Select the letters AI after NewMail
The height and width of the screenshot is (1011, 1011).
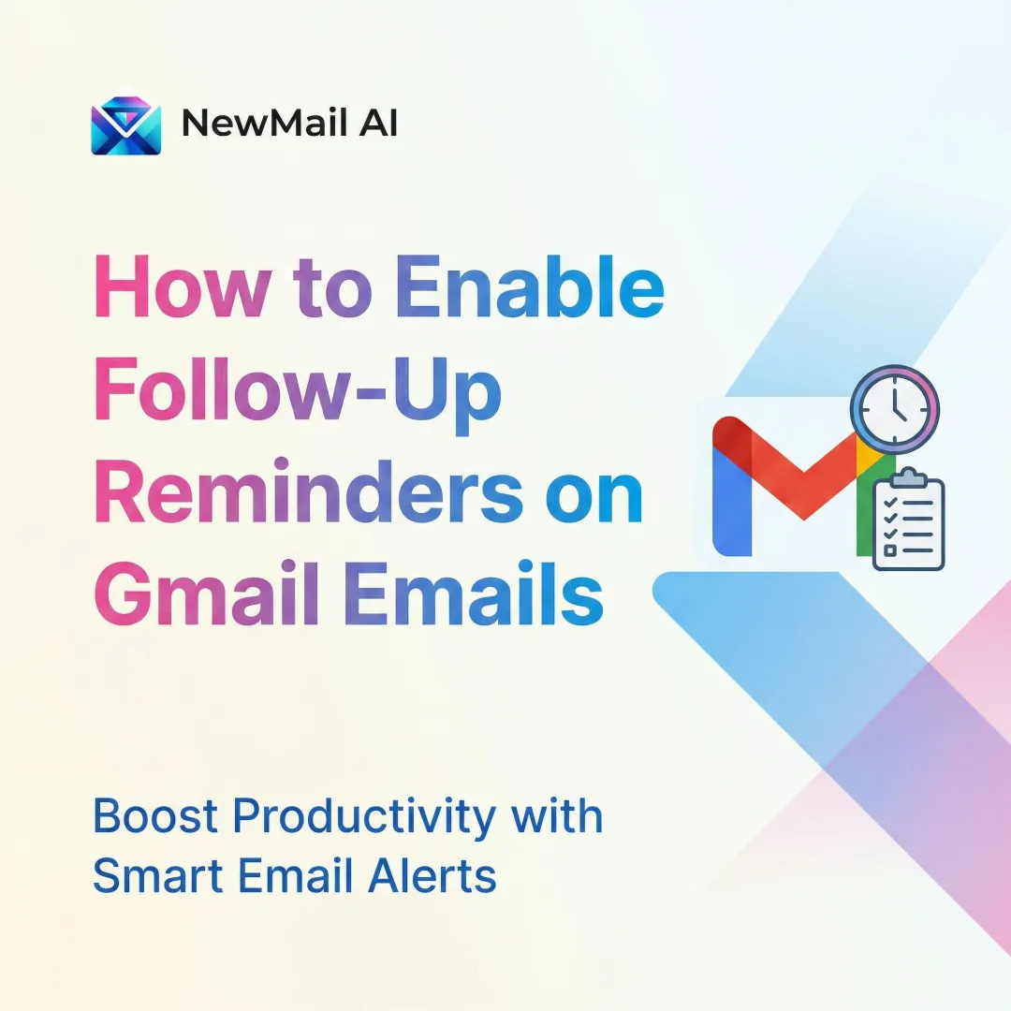(375, 124)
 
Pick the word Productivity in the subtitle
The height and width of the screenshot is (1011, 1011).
(364, 818)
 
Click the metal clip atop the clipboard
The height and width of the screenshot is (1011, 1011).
(907, 476)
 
